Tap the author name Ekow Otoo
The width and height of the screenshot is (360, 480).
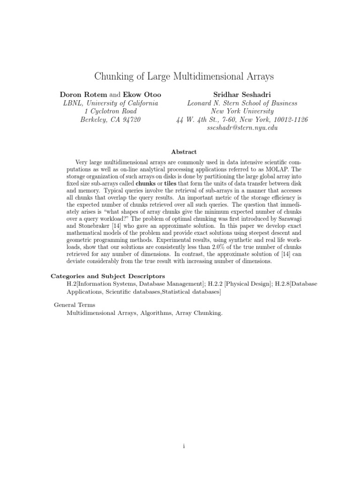(141, 94)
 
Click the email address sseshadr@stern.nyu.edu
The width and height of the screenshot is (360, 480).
(242, 128)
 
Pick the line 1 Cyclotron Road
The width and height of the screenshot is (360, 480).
(111, 111)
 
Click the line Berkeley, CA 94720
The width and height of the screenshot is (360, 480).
(111, 120)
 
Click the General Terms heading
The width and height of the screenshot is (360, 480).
(75, 305)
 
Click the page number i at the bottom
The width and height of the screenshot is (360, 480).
(184, 446)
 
